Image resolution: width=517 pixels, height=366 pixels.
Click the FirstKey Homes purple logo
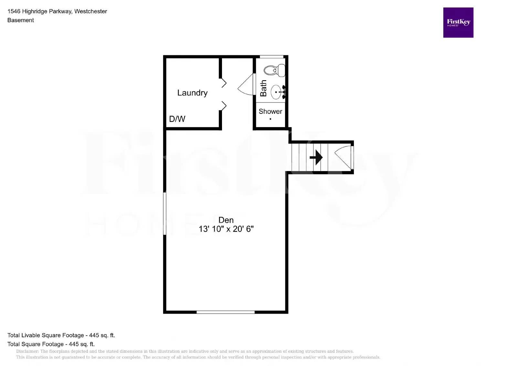click(458, 23)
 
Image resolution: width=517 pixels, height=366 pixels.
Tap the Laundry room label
click(192, 93)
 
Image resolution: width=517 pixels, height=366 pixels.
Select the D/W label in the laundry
click(177, 119)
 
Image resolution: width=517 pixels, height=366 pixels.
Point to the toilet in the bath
click(275, 70)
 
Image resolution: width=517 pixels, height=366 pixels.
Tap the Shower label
click(270, 112)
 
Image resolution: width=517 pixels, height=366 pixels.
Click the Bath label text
click(263, 88)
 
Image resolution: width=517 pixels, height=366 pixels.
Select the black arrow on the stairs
click(316, 157)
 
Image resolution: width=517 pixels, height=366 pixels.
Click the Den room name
click(226, 220)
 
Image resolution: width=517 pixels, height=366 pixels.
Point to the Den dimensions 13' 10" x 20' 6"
click(226, 229)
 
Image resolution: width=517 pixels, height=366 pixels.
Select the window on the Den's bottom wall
click(226, 312)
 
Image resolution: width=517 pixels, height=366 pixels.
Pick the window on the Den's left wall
click(165, 213)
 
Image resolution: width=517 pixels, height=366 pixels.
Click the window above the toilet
click(271, 57)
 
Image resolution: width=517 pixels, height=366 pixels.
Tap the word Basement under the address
click(21, 20)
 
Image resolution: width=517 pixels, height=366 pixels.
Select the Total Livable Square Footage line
click(61, 335)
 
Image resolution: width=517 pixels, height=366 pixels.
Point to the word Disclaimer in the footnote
click(27, 351)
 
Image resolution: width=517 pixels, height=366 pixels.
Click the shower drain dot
click(270, 119)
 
